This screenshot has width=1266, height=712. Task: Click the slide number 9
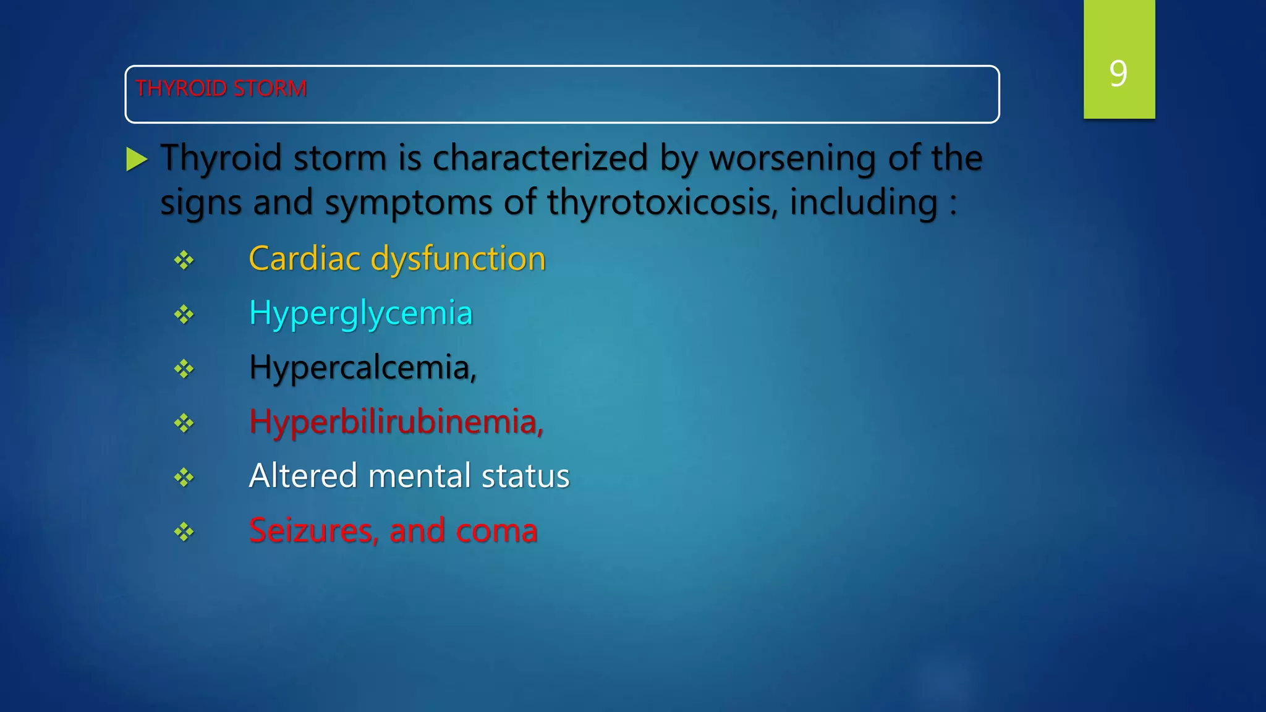tap(1118, 74)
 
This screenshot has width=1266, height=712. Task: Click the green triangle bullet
tap(136, 159)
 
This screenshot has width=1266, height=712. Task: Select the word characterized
tap(540, 158)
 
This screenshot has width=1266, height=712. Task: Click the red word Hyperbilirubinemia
tap(396, 422)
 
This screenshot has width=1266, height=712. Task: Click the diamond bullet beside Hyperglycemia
tap(184, 315)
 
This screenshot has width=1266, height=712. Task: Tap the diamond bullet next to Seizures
tap(184, 532)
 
